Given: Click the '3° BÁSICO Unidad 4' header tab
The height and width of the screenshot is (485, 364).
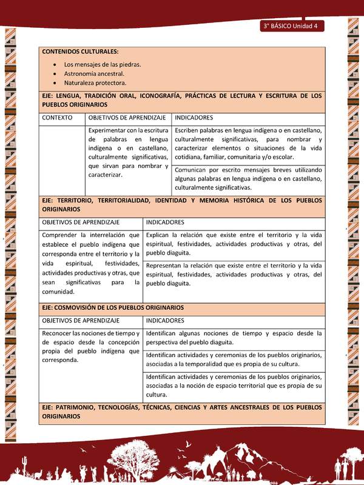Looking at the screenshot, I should [292, 26].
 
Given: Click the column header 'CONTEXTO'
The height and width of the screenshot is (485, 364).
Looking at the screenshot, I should [58, 117].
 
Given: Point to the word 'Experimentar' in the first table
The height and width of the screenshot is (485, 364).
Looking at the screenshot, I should [108, 130].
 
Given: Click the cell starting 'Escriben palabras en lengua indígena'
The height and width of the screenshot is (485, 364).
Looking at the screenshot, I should [248, 144].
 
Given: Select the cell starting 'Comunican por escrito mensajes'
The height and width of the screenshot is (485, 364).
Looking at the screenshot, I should [248, 179].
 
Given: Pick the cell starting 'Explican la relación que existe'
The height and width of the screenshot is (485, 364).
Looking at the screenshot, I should [234, 244].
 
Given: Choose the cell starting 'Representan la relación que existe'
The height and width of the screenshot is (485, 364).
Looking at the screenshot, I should [234, 274].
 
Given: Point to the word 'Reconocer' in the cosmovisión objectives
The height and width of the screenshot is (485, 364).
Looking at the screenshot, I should [59, 333].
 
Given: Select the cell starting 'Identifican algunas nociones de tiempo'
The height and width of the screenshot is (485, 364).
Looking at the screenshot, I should [234, 338].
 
